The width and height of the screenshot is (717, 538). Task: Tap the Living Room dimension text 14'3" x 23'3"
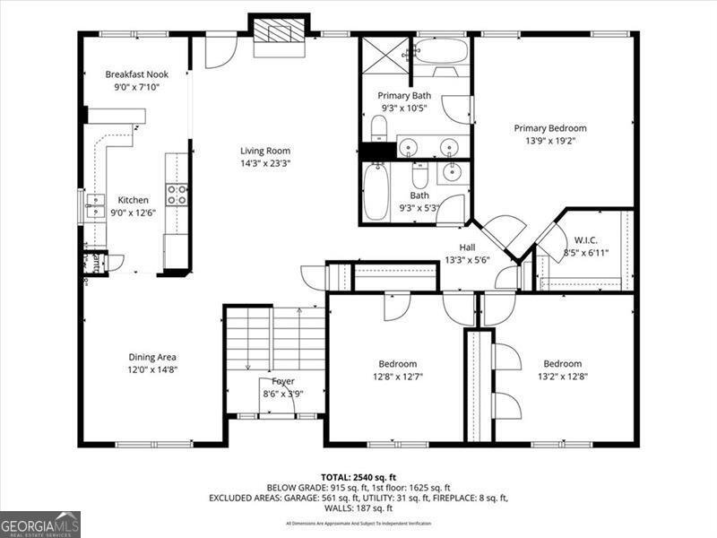[x=264, y=163]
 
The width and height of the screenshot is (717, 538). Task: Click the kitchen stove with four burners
[x=177, y=195]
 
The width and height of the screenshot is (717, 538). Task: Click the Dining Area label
[x=151, y=357]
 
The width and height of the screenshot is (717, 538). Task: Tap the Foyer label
[x=283, y=381]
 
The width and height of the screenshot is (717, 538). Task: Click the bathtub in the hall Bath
[x=376, y=190]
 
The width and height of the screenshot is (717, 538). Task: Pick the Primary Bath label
[x=404, y=95]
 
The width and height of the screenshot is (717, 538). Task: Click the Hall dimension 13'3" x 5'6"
[x=467, y=260]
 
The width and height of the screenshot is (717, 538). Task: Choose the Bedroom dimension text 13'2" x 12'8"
[x=562, y=376]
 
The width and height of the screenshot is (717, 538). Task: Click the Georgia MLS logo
[x=40, y=524]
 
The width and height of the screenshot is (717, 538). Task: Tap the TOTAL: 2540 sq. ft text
[x=358, y=476]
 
